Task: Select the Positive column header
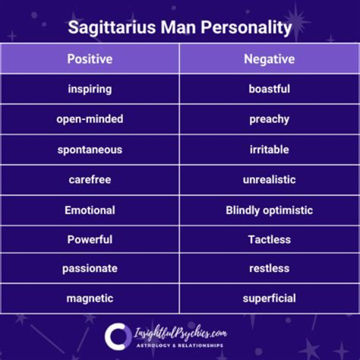pos(90,59)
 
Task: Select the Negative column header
pos(269,59)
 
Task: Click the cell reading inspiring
pos(90,89)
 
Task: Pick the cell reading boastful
pos(269,89)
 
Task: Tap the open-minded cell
pos(90,119)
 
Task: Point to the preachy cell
pos(269,119)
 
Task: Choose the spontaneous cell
pos(90,149)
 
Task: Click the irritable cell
pos(269,149)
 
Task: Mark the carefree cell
pos(90,179)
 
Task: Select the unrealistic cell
pos(269,179)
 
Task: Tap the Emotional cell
pos(90,210)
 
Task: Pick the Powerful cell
pos(90,239)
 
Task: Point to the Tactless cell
pos(269,239)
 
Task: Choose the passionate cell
pos(90,268)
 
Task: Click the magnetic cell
pos(90,298)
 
